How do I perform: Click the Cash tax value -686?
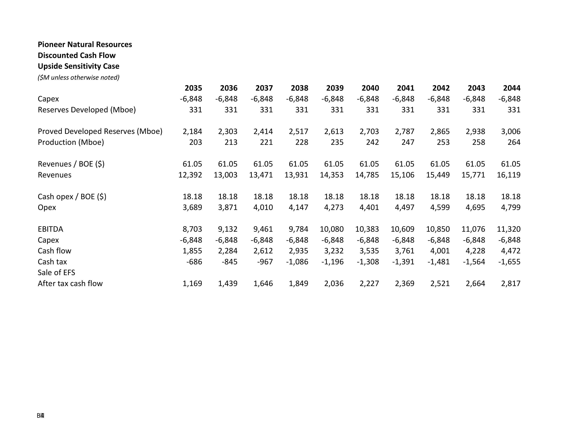pos(194,262)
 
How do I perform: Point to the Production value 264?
pos(514,142)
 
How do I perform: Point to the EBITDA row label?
pos(50,229)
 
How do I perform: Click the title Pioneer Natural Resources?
pos(85,44)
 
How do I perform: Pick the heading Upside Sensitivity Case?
pos(78,66)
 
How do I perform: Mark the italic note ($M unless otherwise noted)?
pos(78,77)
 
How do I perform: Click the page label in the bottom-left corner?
pos(41,416)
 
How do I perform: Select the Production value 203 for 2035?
pos(196,142)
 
